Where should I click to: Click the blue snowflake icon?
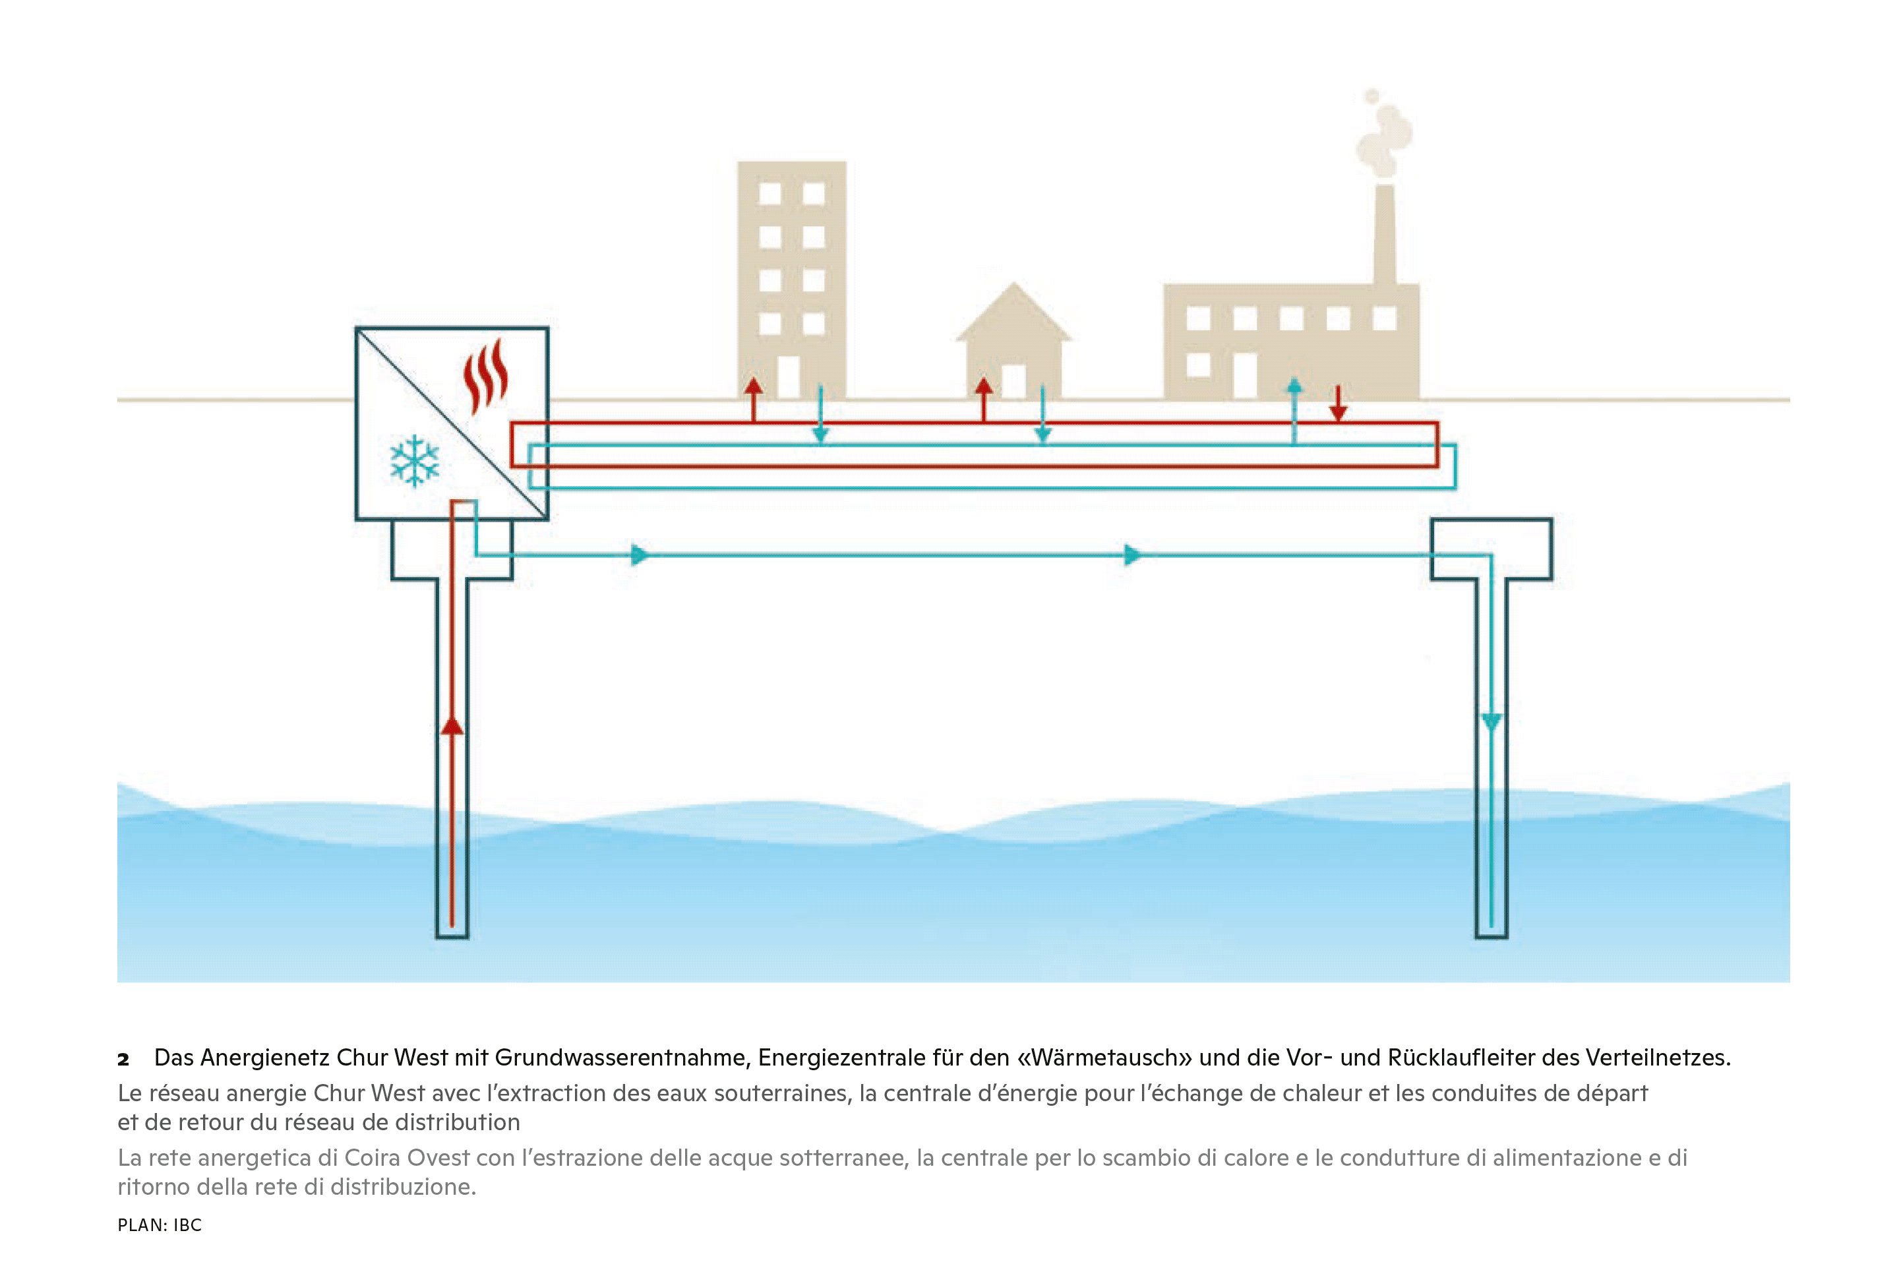(414, 461)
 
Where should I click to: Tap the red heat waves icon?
(485, 377)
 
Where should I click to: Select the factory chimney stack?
(1385, 234)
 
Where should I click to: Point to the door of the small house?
(1013, 381)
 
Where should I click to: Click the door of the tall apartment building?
(788, 377)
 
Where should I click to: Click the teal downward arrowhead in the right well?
(1492, 721)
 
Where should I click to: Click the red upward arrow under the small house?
(983, 396)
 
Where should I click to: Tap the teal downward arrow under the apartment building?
(820, 420)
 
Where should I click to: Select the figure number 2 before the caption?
(123, 1060)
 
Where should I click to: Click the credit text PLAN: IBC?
(160, 1225)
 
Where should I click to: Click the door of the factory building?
(1246, 377)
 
